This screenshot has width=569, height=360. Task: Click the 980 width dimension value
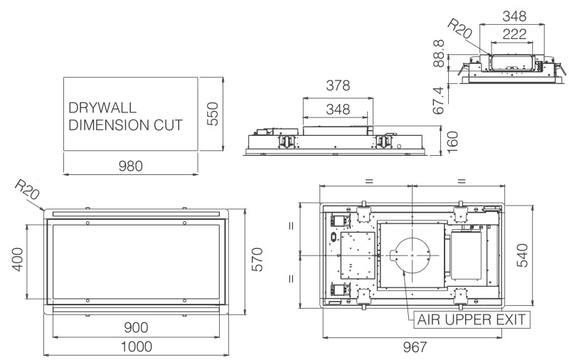[x=131, y=166]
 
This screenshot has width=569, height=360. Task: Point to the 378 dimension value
[x=337, y=86]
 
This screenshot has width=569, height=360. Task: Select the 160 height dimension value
[x=453, y=139]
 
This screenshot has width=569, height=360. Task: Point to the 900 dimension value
[x=136, y=327]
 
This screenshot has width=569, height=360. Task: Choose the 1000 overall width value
[x=136, y=346]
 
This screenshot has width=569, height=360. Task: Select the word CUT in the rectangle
[x=169, y=125]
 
